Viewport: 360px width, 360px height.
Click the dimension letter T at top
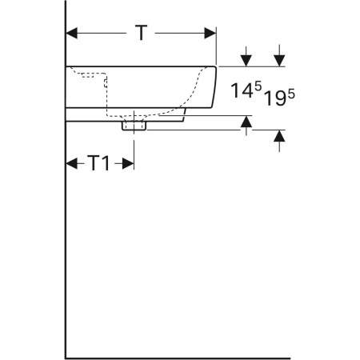point(142,33)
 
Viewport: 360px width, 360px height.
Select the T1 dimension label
point(98,163)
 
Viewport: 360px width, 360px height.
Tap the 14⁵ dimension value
point(246,90)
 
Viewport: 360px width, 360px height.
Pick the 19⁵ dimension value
point(279,98)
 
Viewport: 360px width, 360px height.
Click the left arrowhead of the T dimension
point(71,33)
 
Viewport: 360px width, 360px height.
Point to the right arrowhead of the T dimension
point(210,33)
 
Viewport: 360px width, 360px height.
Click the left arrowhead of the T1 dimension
point(71,163)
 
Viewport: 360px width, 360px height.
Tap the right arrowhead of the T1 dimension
point(128,163)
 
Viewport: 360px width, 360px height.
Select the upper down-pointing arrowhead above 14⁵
point(246,61)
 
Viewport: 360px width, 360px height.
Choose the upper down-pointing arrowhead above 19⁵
point(279,61)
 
